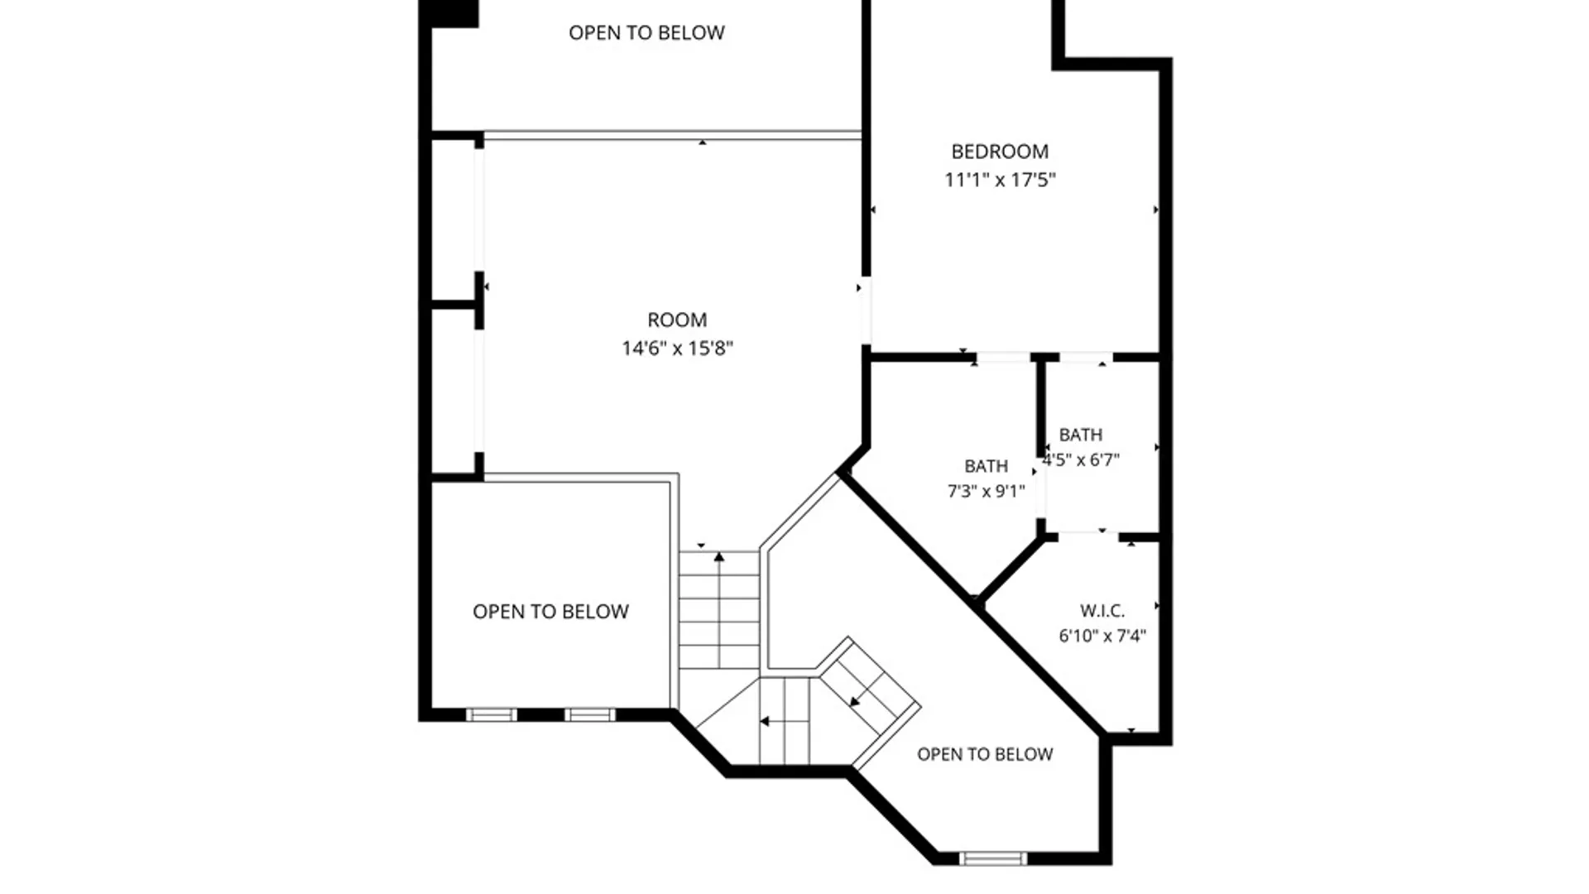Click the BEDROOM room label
click(x=1000, y=151)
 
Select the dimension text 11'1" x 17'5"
click(x=1000, y=180)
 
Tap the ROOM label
click(x=677, y=320)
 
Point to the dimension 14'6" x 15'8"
click(x=677, y=348)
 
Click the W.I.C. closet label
click(x=1102, y=611)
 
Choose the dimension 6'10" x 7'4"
click(x=1102, y=636)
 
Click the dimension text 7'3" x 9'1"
click(x=986, y=491)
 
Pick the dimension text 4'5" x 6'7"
click(x=1081, y=459)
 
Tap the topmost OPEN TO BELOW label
click(x=646, y=32)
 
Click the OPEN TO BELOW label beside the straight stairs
click(x=550, y=612)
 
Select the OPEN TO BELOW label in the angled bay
click(x=985, y=754)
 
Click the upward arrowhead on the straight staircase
click(x=719, y=557)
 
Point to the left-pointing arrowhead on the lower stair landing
click(x=765, y=722)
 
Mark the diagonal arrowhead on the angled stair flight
click(x=855, y=702)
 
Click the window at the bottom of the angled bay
click(x=993, y=858)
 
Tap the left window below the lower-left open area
click(x=492, y=714)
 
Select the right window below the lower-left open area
click(x=590, y=714)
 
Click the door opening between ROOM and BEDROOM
click(x=866, y=310)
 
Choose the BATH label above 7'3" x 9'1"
click(x=986, y=466)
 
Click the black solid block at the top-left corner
click(x=449, y=13)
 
